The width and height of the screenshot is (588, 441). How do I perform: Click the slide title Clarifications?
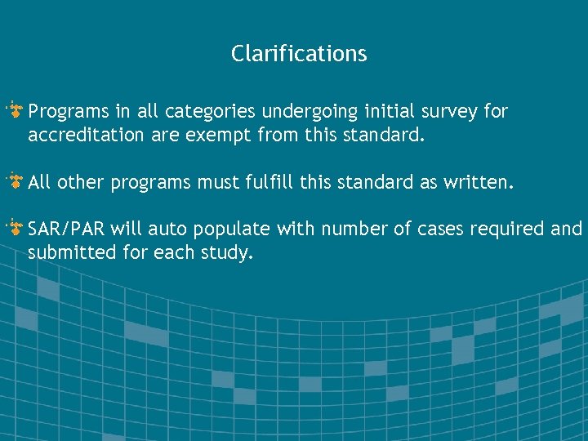pos(299,54)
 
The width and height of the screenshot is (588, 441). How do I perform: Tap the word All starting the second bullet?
pos(39,182)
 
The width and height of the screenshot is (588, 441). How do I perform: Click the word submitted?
pos(68,253)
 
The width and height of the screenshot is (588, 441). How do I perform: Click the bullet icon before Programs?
pos(15,109)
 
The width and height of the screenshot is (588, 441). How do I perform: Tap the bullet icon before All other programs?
pos(15,180)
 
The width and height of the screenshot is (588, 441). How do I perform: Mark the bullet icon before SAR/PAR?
pos(15,228)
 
